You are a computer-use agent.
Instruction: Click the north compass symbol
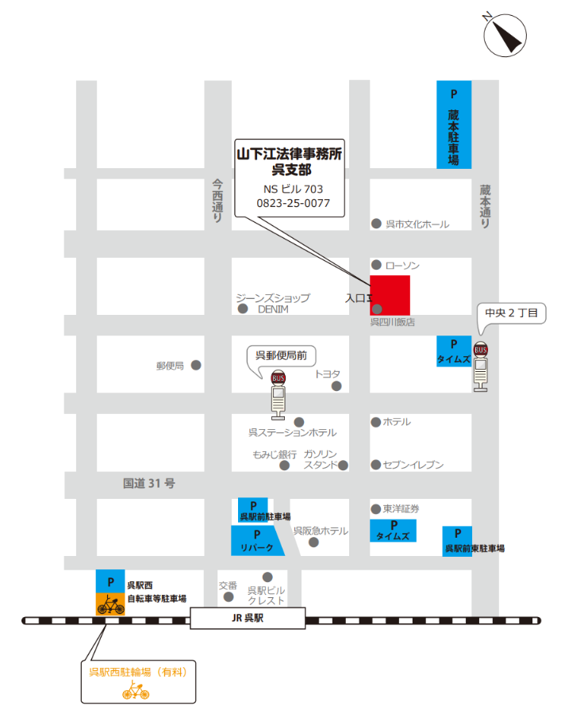[x=505, y=35]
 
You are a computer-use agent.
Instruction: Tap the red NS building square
[x=390, y=295]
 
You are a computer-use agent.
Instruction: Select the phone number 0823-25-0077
[x=293, y=203]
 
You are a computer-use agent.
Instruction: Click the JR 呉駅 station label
[x=248, y=619]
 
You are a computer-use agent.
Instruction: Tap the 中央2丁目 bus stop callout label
[x=511, y=314]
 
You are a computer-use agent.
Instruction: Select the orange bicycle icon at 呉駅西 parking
[x=111, y=604]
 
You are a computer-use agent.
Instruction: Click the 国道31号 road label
[x=148, y=482]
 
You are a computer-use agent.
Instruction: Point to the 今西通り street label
[x=217, y=200]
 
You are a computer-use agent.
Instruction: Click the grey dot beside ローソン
[x=376, y=265]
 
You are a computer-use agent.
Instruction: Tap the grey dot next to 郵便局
[x=196, y=365]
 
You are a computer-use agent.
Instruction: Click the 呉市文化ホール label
[x=417, y=224]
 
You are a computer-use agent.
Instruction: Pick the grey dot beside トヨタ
[x=336, y=386]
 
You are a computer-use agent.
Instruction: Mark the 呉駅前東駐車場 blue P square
[x=456, y=535]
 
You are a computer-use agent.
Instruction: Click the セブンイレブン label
[x=413, y=465]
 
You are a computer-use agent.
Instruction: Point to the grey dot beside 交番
[x=229, y=596]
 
